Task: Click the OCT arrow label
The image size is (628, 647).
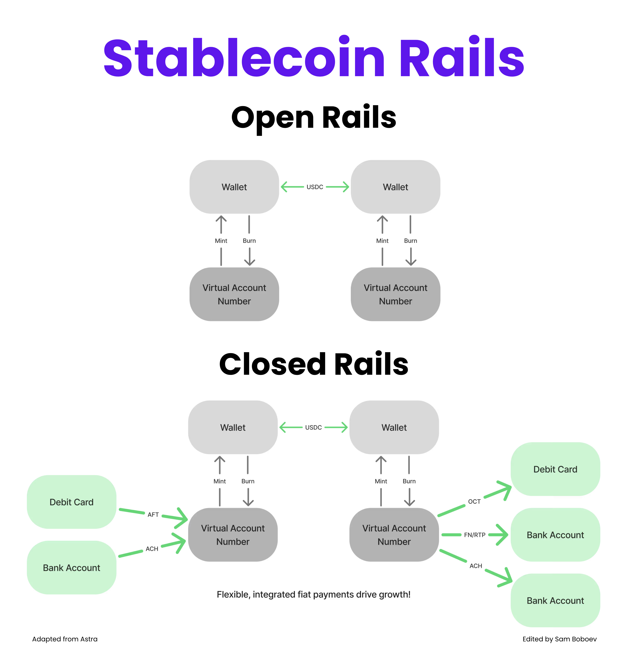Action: pyautogui.click(x=474, y=501)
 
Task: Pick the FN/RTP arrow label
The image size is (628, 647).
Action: pyautogui.click(x=474, y=535)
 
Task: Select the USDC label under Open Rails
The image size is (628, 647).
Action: pyautogui.click(x=315, y=187)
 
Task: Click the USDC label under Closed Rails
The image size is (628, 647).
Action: pyautogui.click(x=313, y=427)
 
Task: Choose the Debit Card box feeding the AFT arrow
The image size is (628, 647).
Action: pyautogui.click(x=71, y=502)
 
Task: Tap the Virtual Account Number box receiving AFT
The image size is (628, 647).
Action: pyautogui.click(x=233, y=535)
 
